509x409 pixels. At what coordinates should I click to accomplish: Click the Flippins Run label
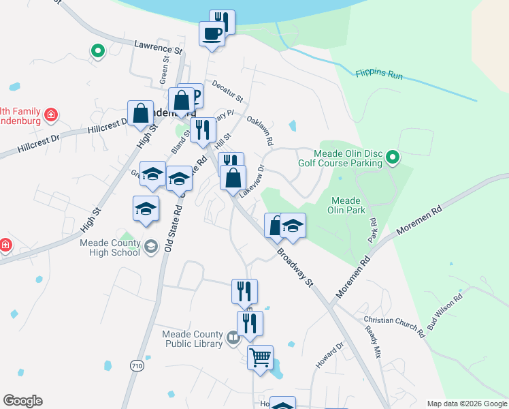click(379, 74)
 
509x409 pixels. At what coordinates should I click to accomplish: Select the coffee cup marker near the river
click(212, 33)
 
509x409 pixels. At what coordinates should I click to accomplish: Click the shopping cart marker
click(260, 357)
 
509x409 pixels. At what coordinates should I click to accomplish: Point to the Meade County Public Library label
click(193, 339)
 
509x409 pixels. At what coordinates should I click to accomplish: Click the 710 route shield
click(137, 366)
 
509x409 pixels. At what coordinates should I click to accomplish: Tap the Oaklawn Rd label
click(260, 130)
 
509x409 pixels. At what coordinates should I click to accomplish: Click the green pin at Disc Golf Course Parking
click(393, 159)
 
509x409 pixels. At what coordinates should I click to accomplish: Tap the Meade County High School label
click(110, 247)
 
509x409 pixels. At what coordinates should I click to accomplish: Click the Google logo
click(22, 401)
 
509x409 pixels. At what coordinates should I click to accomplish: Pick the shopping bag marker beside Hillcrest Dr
click(140, 113)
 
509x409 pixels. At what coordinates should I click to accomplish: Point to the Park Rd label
click(372, 231)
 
